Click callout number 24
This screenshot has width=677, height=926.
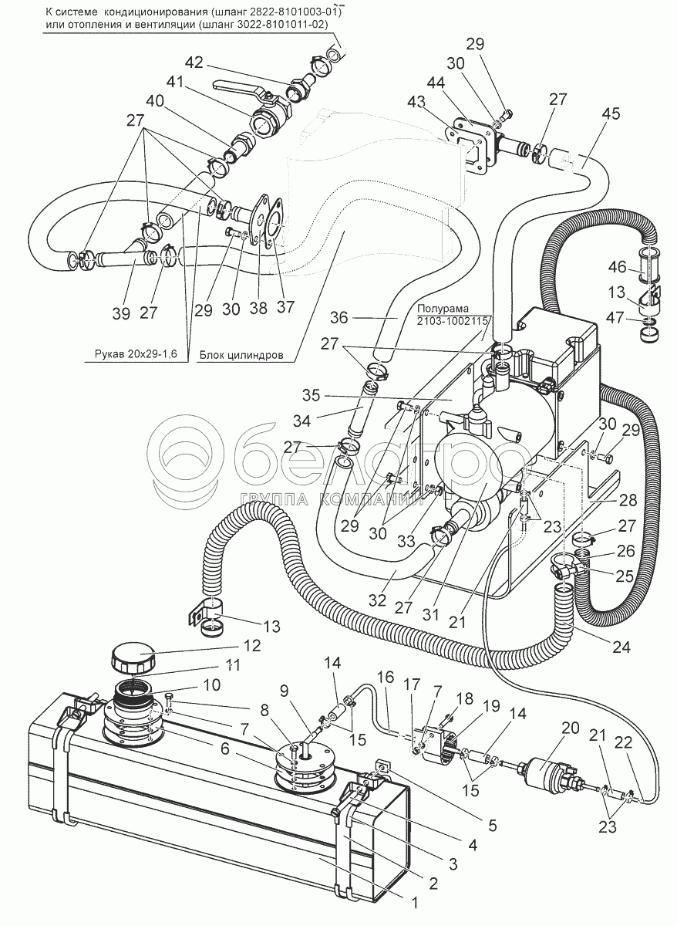pos(621,648)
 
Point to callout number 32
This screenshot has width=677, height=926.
pos(378,600)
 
